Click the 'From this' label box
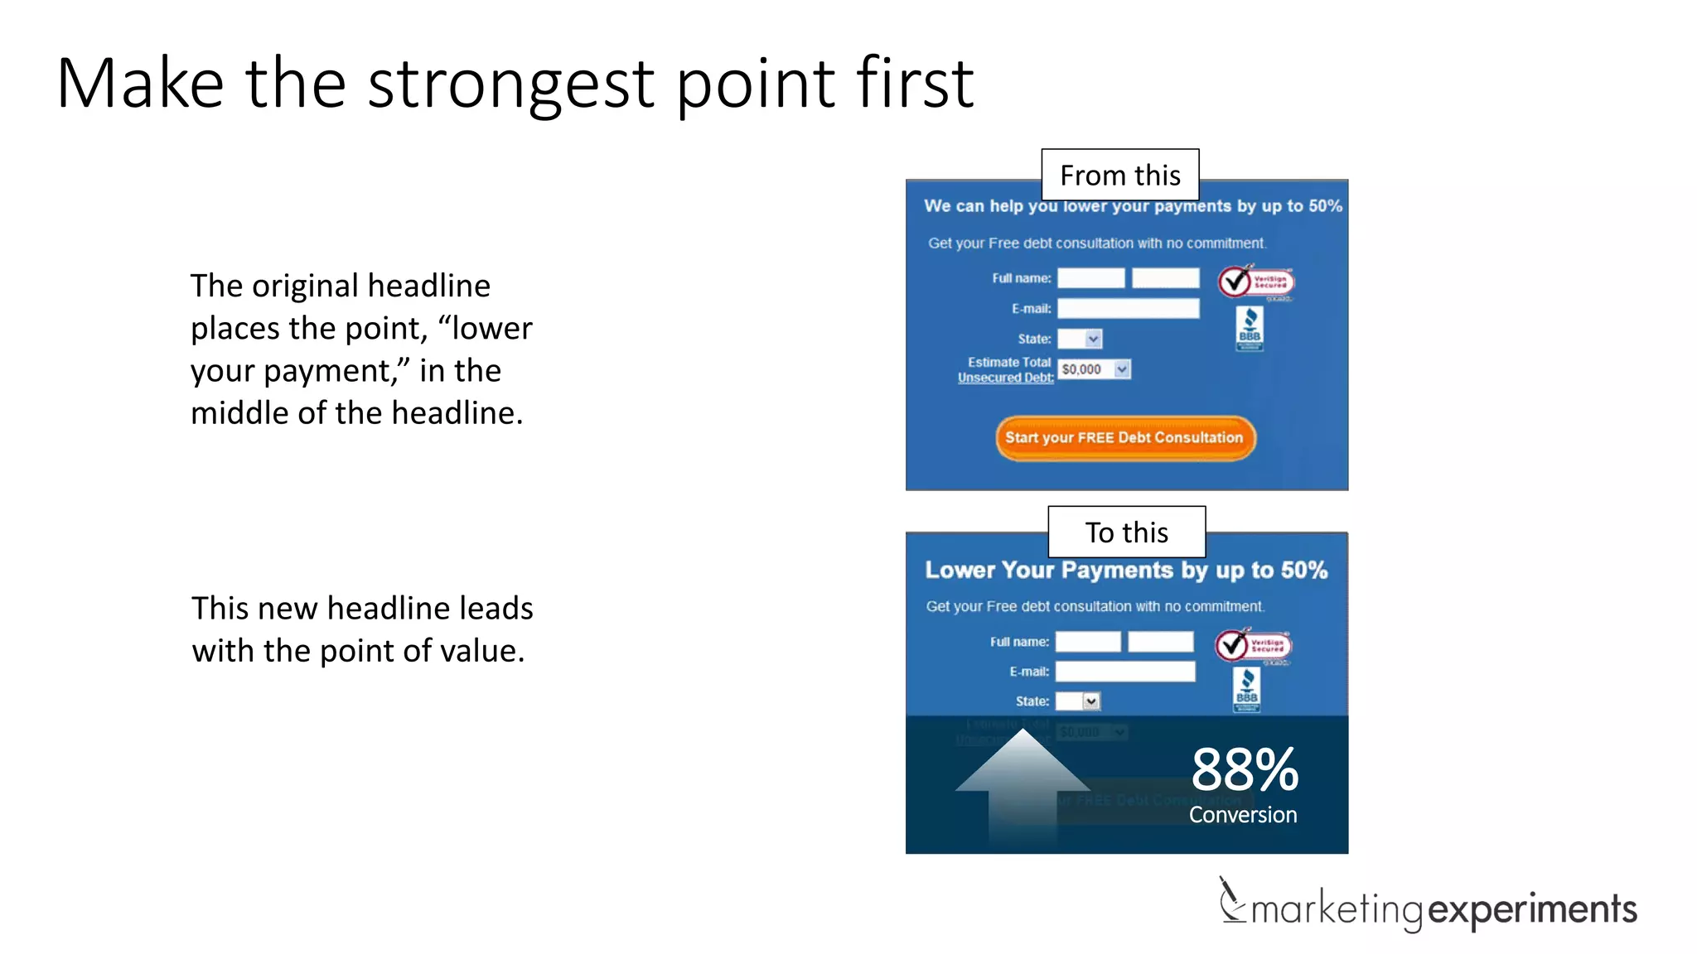point(1119,175)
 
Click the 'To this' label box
point(1126,532)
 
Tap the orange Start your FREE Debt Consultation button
point(1124,437)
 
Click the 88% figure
point(1244,769)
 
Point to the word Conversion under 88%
point(1242,815)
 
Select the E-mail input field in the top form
point(1128,308)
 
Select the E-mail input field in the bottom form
point(1124,671)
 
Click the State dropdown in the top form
point(1080,339)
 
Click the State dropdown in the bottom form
point(1077,701)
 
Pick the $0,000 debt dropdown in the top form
point(1095,369)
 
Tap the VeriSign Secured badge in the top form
point(1255,282)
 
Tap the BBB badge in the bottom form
point(1246,689)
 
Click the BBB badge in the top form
point(1250,328)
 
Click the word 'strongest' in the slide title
point(511,84)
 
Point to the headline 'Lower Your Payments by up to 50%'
point(1125,570)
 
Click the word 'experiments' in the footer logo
point(1532,909)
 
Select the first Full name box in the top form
point(1090,278)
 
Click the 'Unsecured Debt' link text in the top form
point(1005,378)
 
